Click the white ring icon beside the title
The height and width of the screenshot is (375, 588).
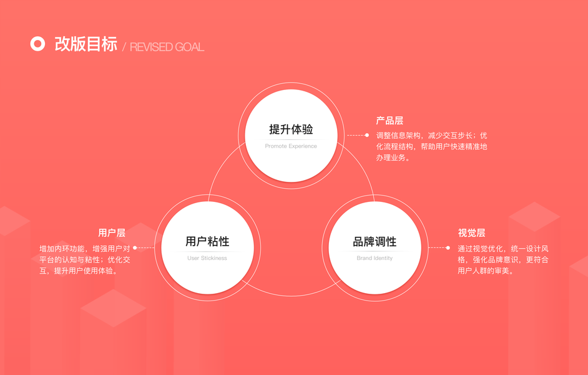coord(37,44)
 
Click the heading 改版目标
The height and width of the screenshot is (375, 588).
coord(86,44)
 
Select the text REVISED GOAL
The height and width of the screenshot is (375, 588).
coord(167,47)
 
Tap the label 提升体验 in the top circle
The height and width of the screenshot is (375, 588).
coord(291,129)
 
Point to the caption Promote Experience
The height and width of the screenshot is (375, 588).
coord(291,146)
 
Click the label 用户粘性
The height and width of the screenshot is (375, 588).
coord(207,242)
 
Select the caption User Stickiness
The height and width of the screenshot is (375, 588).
coord(207,258)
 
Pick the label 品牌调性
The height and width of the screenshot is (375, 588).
coord(375,242)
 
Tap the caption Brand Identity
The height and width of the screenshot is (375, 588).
coord(375,258)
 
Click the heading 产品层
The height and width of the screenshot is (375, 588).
coord(390,121)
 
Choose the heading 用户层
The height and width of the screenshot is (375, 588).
coord(112,232)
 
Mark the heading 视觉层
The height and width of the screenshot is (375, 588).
coord(471,232)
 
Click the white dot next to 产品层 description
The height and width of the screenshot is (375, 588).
coord(367,135)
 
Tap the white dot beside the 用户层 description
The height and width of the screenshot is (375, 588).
coord(135,247)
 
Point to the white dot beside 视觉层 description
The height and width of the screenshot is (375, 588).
coord(448,247)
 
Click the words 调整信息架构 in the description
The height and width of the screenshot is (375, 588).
coord(398,135)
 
